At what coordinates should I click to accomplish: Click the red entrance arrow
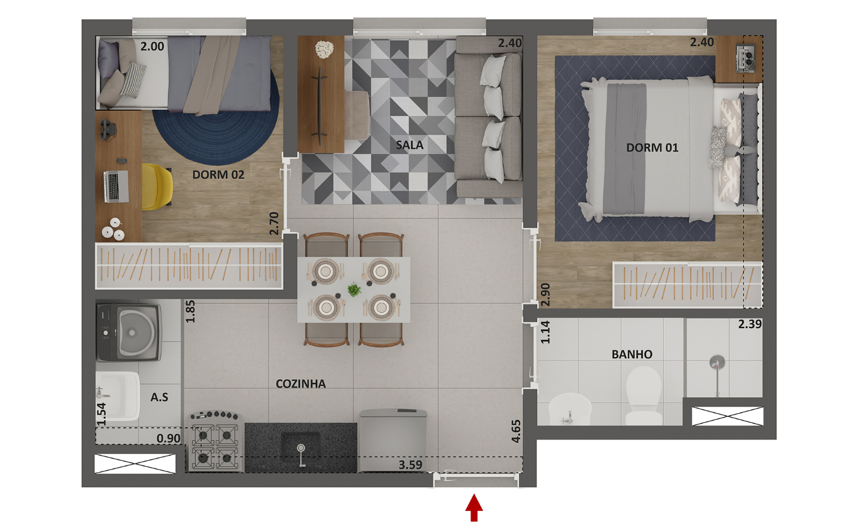click(474, 508)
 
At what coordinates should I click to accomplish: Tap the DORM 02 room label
click(218, 175)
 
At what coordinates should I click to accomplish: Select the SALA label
click(410, 145)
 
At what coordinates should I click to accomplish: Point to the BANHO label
click(632, 354)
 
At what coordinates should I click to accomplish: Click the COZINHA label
click(301, 384)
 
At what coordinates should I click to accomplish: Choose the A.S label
click(159, 397)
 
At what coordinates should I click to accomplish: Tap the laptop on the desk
click(116, 186)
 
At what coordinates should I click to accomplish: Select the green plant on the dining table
click(354, 290)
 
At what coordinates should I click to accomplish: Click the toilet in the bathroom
click(644, 395)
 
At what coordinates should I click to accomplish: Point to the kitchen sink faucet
click(301, 455)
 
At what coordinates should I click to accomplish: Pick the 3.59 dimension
click(410, 465)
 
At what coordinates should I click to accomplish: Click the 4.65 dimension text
click(516, 431)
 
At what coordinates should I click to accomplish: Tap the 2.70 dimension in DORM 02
click(274, 224)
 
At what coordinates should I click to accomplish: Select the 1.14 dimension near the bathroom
click(545, 332)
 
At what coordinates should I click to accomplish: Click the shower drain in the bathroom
click(717, 362)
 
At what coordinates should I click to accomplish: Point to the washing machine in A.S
click(129, 332)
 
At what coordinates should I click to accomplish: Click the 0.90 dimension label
click(169, 438)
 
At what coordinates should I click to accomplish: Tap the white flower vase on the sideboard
click(324, 50)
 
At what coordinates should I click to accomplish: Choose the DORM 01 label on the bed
click(652, 147)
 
